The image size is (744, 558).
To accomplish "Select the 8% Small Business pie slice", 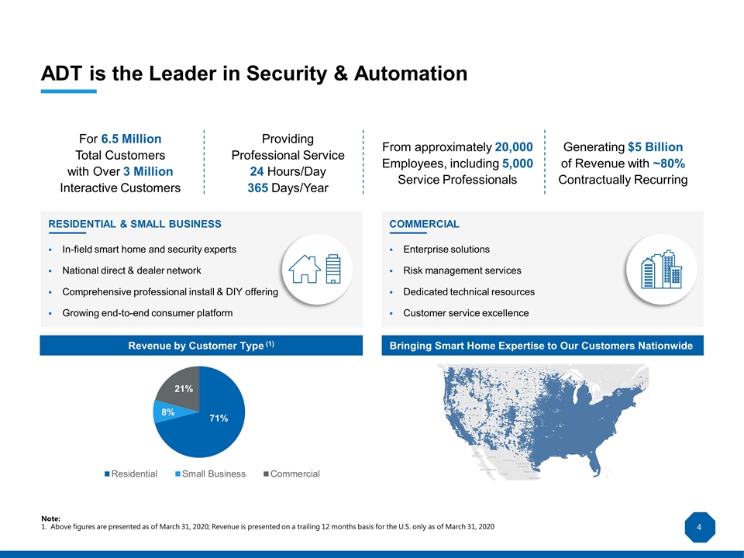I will coord(167,412).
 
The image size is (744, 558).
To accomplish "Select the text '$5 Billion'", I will coord(656,147).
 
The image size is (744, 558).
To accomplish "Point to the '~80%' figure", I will coord(667,164).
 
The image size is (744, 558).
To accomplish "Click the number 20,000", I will coord(514,147).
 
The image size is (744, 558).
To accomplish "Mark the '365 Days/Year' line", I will coord(288,188).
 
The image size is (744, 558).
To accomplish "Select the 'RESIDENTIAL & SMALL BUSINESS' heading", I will coord(135,224).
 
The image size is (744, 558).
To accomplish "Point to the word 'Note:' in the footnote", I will coord(50,518).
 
